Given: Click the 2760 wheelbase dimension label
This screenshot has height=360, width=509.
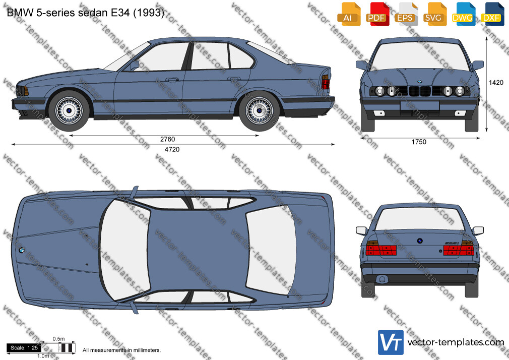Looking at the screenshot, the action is coord(167,139).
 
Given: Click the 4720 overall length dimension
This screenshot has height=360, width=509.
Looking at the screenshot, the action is coord(172,149).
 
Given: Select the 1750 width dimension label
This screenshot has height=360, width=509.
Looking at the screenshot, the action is coord(419,142).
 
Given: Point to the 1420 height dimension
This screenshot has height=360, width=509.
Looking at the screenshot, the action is coord(496,83).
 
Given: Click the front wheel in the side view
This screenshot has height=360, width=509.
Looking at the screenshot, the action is coord(69,111).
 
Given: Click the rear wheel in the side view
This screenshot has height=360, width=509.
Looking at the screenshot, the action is coord(259,111).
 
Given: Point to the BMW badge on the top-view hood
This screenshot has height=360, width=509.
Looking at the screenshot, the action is coord(22,250).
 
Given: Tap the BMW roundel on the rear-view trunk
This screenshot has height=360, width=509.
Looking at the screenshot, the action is coord(419,241).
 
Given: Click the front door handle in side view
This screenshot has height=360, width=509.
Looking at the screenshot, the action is coord(172,80).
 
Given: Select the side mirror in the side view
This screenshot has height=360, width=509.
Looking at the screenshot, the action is coord(134,65).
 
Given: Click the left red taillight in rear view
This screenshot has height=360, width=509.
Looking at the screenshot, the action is coord(381,249).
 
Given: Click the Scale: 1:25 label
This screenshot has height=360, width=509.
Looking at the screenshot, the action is coord(24,348).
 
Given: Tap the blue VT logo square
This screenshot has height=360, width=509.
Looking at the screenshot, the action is coord(391,342).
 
